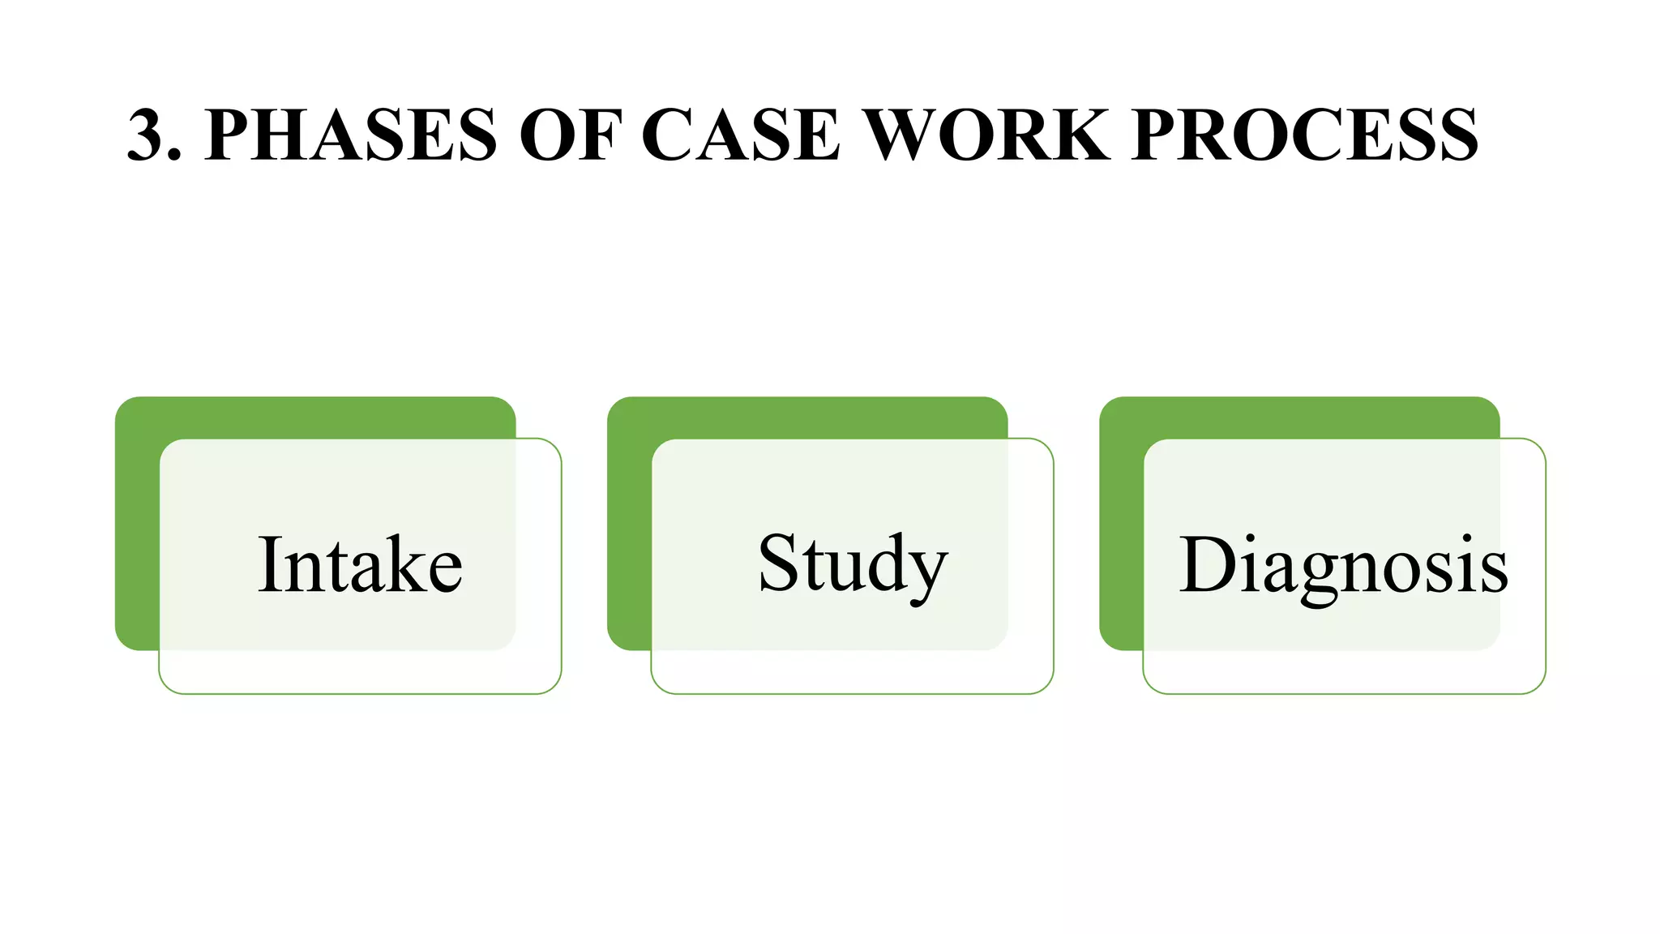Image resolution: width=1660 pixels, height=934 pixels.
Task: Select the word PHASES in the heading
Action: pyautogui.click(x=350, y=135)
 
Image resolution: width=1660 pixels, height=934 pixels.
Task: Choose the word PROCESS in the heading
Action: pyautogui.click(x=1306, y=135)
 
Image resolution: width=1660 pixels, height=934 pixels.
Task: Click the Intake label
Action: pyautogui.click(x=360, y=565)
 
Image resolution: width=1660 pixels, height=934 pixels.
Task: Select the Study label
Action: pyautogui.click(x=852, y=565)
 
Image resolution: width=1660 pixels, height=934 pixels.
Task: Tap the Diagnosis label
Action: pyautogui.click(x=1343, y=565)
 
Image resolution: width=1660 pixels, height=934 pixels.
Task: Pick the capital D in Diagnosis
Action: pyautogui.click(x=1205, y=565)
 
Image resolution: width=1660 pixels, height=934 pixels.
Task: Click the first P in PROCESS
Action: pyautogui.click(x=1154, y=135)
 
